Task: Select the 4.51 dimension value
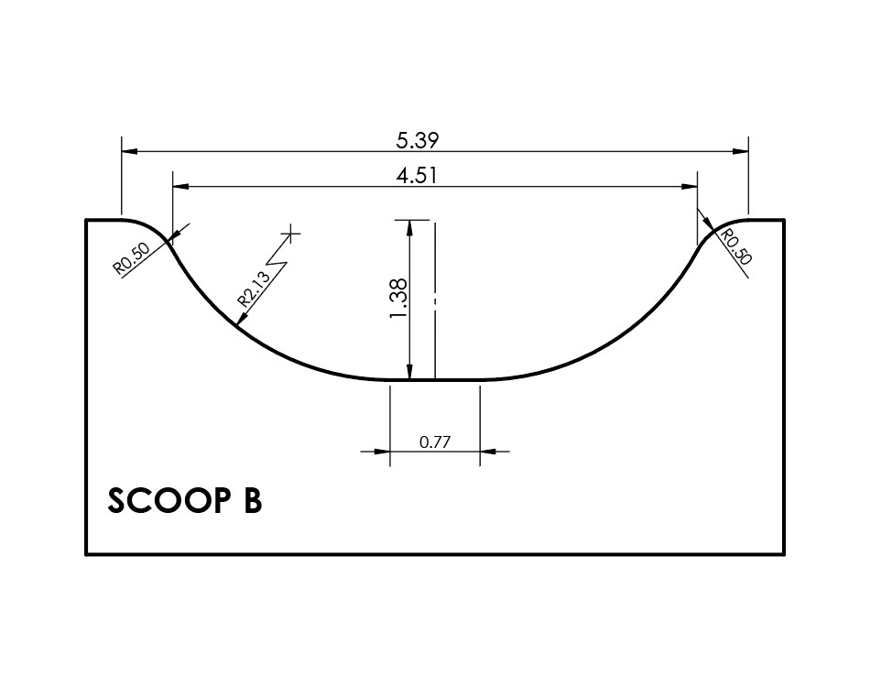click(416, 177)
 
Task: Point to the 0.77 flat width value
click(435, 442)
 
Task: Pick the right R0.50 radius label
click(734, 248)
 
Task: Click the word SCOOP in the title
click(162, 501)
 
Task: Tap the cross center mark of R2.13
click(292, 234)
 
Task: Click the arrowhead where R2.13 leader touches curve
click(238, 322)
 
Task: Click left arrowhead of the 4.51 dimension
click(180, 187)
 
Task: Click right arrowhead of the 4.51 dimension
click(691, 187)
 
